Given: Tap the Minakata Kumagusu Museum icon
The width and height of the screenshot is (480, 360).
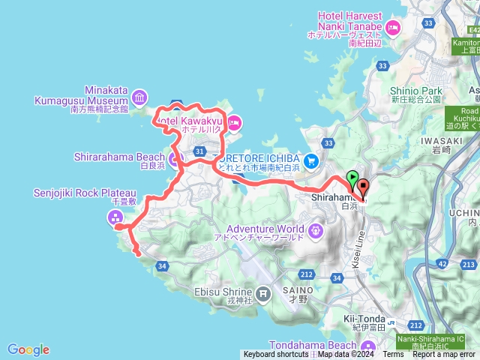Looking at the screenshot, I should pyautogui.click(x=139, y=97).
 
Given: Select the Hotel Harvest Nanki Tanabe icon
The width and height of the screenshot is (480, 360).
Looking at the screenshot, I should pyautogui.click(x=393, y=28).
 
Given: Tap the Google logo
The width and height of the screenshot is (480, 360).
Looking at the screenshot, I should pyautogui.click(x=28, y=349).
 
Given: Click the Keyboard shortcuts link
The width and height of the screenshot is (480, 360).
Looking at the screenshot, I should pyautogui.click(x=275, y=355).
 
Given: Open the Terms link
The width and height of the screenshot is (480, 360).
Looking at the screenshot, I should pyautogui.click(x=393, y=355).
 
